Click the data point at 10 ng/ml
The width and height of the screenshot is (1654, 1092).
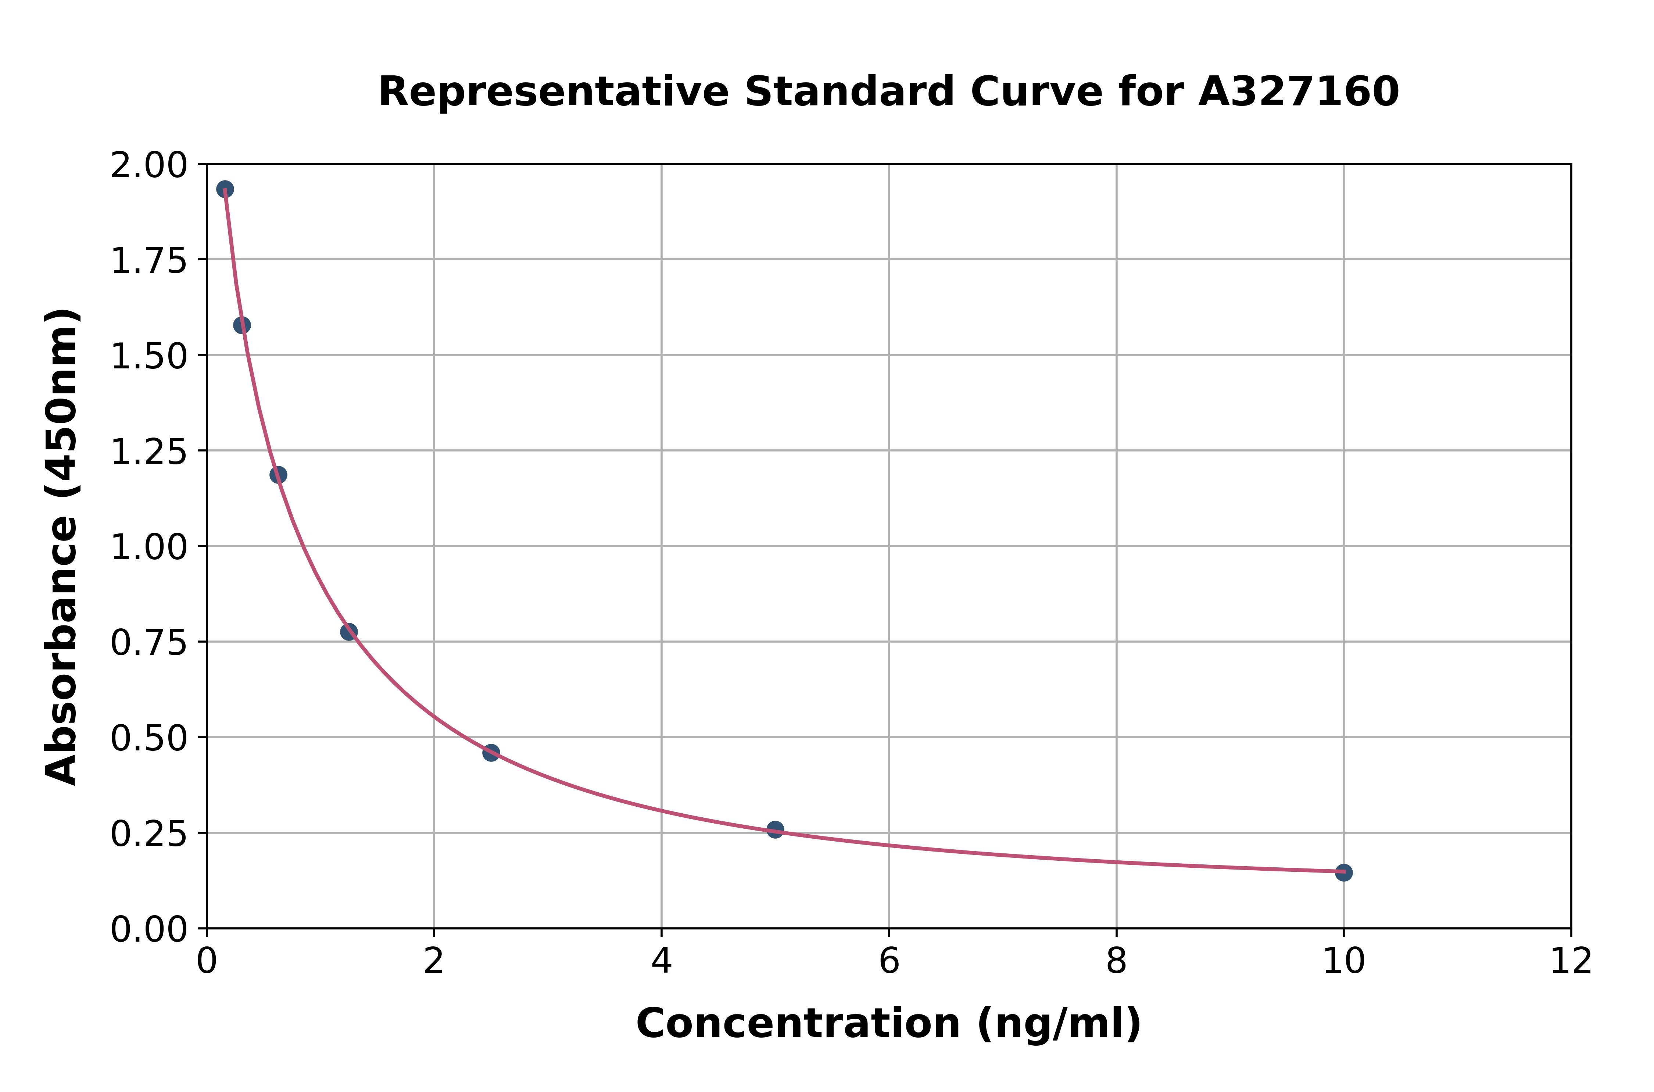pyautogui.click(x=1343, y=872)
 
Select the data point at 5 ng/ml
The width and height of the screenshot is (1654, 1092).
pyautogui.click(x=775, y=829)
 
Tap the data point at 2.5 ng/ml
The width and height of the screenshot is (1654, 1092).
pyautogui.click(x=491, y=752)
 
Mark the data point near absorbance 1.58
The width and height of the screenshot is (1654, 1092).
pyautogui.click(x=241, y=325)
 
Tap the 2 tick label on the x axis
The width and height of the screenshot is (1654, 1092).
pyautogui.click(x=434, y=962)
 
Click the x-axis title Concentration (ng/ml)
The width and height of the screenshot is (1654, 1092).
pyautogui.click(x=888, y=1024)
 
